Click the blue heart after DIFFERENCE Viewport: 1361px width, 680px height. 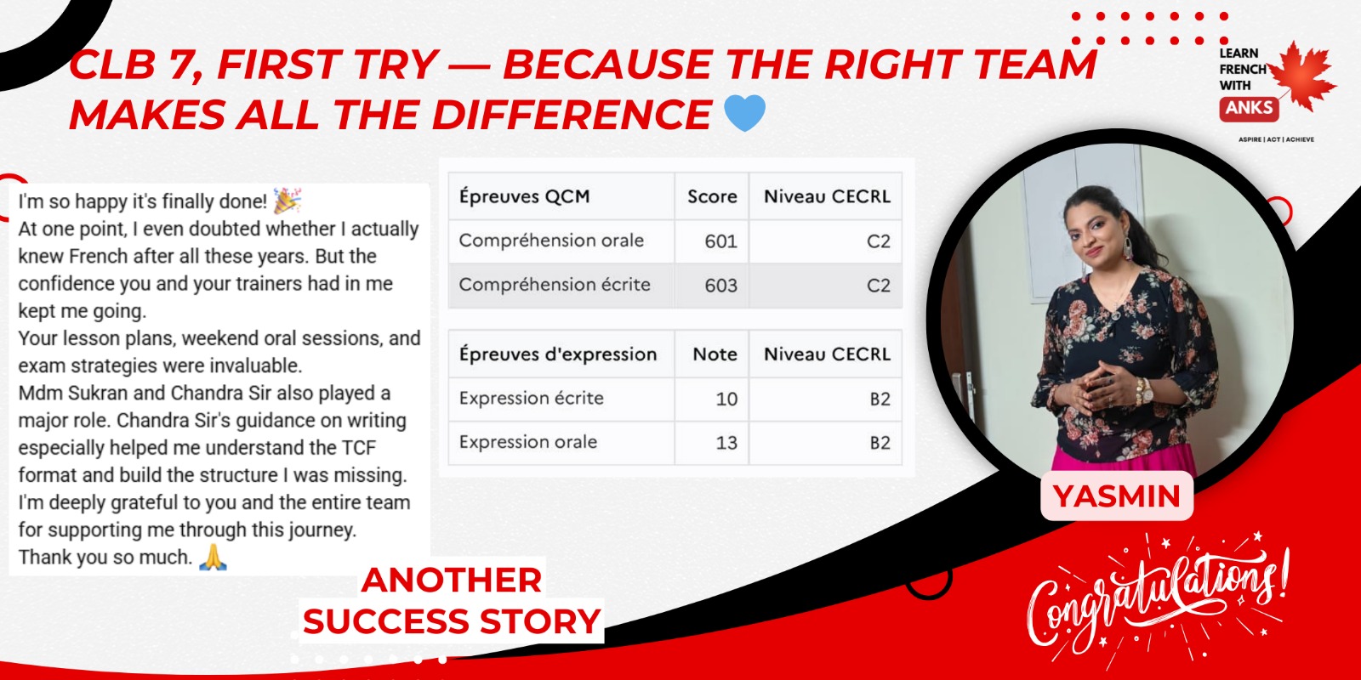pos(745,113)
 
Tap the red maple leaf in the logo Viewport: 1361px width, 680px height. pos(1302,76)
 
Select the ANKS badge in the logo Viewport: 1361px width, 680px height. pos(1249,108)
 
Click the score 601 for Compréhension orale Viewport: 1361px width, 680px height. pos(720,241)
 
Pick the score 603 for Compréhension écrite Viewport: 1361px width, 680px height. pos(720,286)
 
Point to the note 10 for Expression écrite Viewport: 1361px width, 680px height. pos(726,399)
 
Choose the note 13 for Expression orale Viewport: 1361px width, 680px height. pos(726,443)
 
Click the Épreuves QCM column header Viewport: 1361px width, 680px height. pos(524,196)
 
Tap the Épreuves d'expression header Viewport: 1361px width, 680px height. pos(558,354)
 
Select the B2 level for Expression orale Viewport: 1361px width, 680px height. pos(880,443)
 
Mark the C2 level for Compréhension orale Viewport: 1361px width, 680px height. pos(879,241)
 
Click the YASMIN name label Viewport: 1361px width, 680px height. pos(1117,496)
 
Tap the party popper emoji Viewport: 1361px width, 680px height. pos(287,201)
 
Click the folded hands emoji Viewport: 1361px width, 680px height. pos(214,557)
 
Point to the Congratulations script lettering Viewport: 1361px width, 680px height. pos(1158,598)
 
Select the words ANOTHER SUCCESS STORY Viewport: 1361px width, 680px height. pos(452,600)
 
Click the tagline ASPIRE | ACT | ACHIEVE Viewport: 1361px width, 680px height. pos(1276,139)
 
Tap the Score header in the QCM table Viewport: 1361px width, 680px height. pos(712,196)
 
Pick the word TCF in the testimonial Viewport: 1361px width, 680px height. pos(359,448)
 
